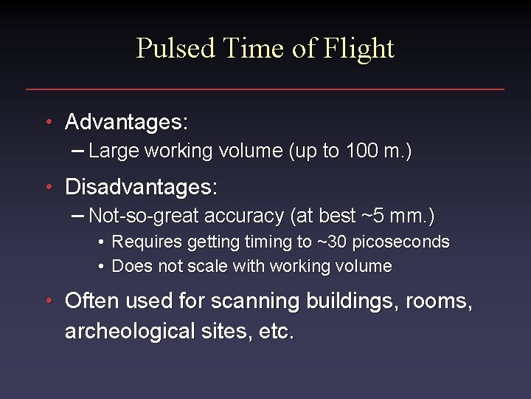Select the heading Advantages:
[x=126, y=122]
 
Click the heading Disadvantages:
[x=141, y=187]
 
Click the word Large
[x=114, y=151]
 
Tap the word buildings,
[x=336, y=301]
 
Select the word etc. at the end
[x=277, y=331]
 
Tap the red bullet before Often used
[x=49, y=301]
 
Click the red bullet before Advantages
[x=49, y=121]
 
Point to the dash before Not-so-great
[x=78, y=216]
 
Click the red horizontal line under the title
[x=265, y=89]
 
